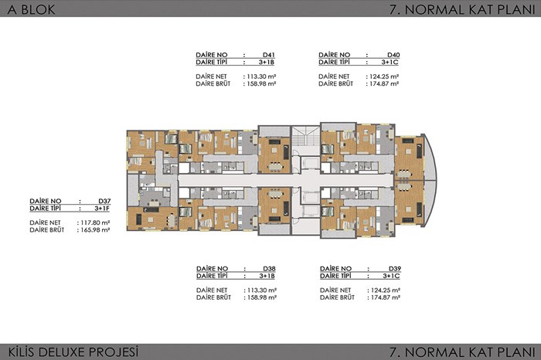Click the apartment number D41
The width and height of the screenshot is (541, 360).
(x=268, y=55)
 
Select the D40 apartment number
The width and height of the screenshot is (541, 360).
(x=393, y=55)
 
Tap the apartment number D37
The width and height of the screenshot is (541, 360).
(x=104, y=201)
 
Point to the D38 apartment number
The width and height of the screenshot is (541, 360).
(x=269, y=269)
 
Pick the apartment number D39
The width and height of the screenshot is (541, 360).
(x=395, y=269)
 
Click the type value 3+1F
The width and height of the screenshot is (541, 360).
(x=102, y=209)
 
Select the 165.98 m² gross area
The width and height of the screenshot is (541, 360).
(x=94, y=230)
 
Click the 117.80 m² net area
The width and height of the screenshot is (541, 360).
(x=94, y=222)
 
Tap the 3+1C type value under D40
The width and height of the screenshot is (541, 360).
(x=390, y=62)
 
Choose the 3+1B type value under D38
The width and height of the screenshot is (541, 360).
(x=267, y=276)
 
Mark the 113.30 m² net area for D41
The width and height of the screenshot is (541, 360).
(x=260, y=76)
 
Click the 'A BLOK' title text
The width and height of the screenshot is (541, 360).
(x=31, y=9)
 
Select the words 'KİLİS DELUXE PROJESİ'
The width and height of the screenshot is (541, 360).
(x=73, y=352)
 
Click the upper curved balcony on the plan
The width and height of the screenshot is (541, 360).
(x=430, y=158)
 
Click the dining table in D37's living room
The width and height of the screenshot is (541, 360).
(x=172, y=221)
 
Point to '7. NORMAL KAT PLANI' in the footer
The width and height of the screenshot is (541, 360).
(x=462, y=352)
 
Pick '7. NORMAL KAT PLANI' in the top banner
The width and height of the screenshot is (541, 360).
(x=462, y=9)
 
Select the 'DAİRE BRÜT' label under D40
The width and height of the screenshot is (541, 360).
(x=335, y=83)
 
